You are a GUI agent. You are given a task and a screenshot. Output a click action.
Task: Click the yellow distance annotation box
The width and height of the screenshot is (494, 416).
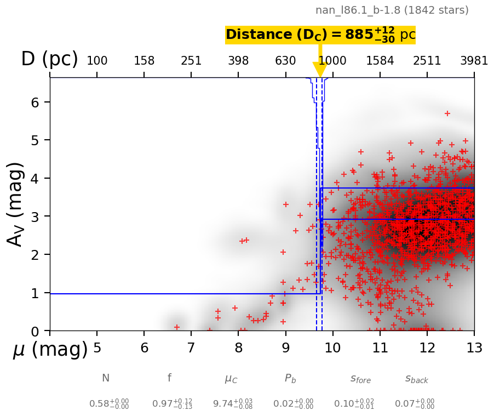(x=320, y=35)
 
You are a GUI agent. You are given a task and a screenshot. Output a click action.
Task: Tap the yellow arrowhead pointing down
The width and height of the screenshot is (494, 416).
(x=320, y=70)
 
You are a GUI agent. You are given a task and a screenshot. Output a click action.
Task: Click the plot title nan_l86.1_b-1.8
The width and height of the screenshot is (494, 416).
(x=392, y=10)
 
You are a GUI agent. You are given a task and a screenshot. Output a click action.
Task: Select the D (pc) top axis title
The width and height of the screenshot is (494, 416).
(x=49, y=59)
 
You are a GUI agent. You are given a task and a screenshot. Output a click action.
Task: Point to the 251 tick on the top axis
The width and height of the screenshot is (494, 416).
(x=191, y=61)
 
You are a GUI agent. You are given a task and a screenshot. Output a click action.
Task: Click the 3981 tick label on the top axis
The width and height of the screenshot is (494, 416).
(x=474, y=61)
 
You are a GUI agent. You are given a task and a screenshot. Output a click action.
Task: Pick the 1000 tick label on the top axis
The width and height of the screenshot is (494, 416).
(x=332, y=61)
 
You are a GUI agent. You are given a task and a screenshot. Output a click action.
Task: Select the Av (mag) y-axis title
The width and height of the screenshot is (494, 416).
(x=16, y=204)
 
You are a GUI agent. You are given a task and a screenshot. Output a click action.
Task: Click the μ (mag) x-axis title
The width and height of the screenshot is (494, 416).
(x=50, y=350)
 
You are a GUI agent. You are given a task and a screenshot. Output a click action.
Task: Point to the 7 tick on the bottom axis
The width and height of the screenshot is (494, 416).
(x=191, y=348)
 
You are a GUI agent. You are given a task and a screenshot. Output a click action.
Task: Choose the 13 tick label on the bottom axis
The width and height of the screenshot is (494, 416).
(x=474, y=348)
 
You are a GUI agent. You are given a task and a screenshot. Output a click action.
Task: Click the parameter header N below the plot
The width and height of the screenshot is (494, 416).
(x=106, y=378)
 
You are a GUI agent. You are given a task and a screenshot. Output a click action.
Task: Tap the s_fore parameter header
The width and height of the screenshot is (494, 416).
(x=360, y=379)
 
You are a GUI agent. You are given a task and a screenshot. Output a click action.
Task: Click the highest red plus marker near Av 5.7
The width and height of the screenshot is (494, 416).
(x=447, y=113)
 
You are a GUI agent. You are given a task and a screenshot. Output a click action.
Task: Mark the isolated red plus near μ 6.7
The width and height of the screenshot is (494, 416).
(x=177, y=327)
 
